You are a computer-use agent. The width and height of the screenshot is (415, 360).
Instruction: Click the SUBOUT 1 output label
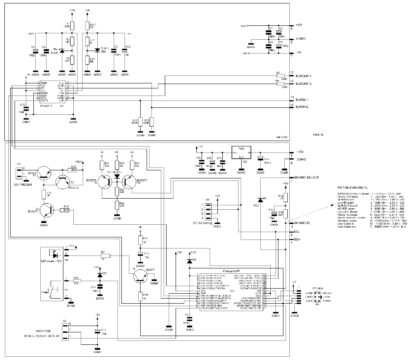(301, 76)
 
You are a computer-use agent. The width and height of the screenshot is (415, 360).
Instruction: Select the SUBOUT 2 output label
(301, 85)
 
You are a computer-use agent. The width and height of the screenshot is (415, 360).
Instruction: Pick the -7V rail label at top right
(299, 51)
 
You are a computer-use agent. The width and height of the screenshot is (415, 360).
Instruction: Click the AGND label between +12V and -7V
(300, 36)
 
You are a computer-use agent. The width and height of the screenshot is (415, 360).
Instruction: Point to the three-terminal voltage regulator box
(240, 154)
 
